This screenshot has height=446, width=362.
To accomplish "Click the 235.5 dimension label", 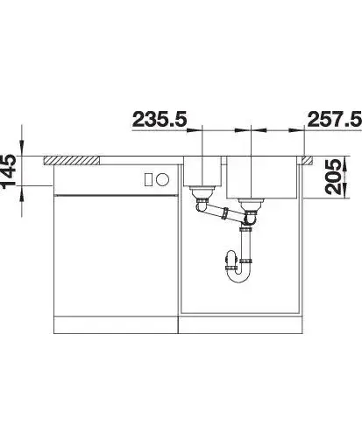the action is [160, 119].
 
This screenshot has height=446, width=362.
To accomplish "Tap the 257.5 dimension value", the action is [335, 119].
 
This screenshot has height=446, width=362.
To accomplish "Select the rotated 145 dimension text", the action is [8, 171].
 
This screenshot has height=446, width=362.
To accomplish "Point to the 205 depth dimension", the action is [332, 177].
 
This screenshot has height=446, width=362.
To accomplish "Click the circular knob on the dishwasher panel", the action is [162, 179].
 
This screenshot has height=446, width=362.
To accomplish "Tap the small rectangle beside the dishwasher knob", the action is [148, 179].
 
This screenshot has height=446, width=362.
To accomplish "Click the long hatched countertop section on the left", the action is [71, 160].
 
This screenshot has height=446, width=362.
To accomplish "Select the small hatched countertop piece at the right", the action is [308, 160].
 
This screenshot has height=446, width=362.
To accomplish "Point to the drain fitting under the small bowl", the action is [202, 192].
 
